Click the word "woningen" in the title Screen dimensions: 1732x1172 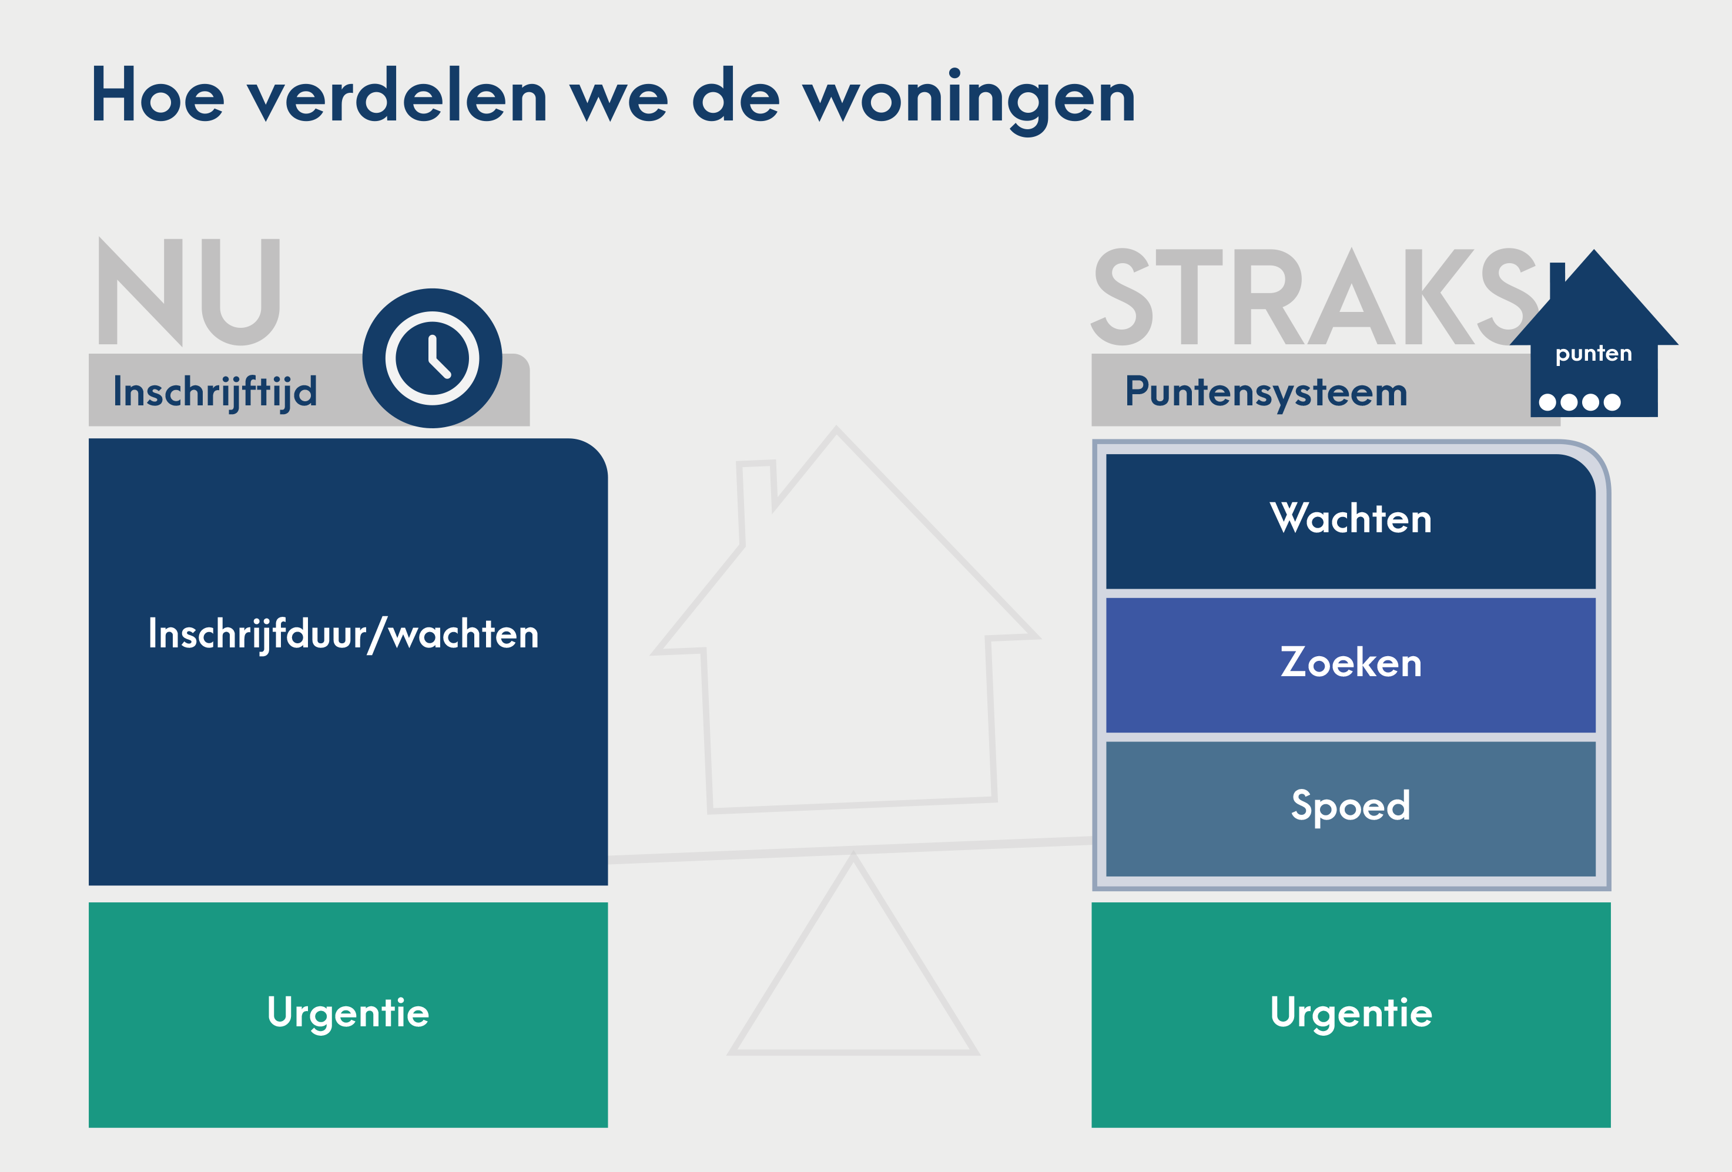[x=969, y=99]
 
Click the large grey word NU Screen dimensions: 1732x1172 [x=189, y=291]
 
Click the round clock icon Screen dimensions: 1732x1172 [x=432, y=358]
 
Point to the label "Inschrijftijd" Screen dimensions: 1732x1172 [x=215, y=392]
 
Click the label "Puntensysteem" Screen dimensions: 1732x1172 [x=1266, y=392]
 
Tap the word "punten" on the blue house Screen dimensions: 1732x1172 [x=1593, y=354]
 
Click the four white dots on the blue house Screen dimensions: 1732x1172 [x=1579, y=402]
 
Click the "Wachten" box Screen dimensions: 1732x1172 [x=1351, y=522]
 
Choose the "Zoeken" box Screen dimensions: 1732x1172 [x=1351, y=664]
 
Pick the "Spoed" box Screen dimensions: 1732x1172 [x=1351, y=808]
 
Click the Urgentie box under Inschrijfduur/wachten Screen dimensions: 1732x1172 [x=348, y=1015]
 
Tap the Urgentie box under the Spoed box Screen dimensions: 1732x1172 [x=1351, y=1015]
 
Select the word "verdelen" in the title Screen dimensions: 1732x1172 [x=397, y=95]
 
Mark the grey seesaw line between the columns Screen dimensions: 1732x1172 [x=850, y=850]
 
